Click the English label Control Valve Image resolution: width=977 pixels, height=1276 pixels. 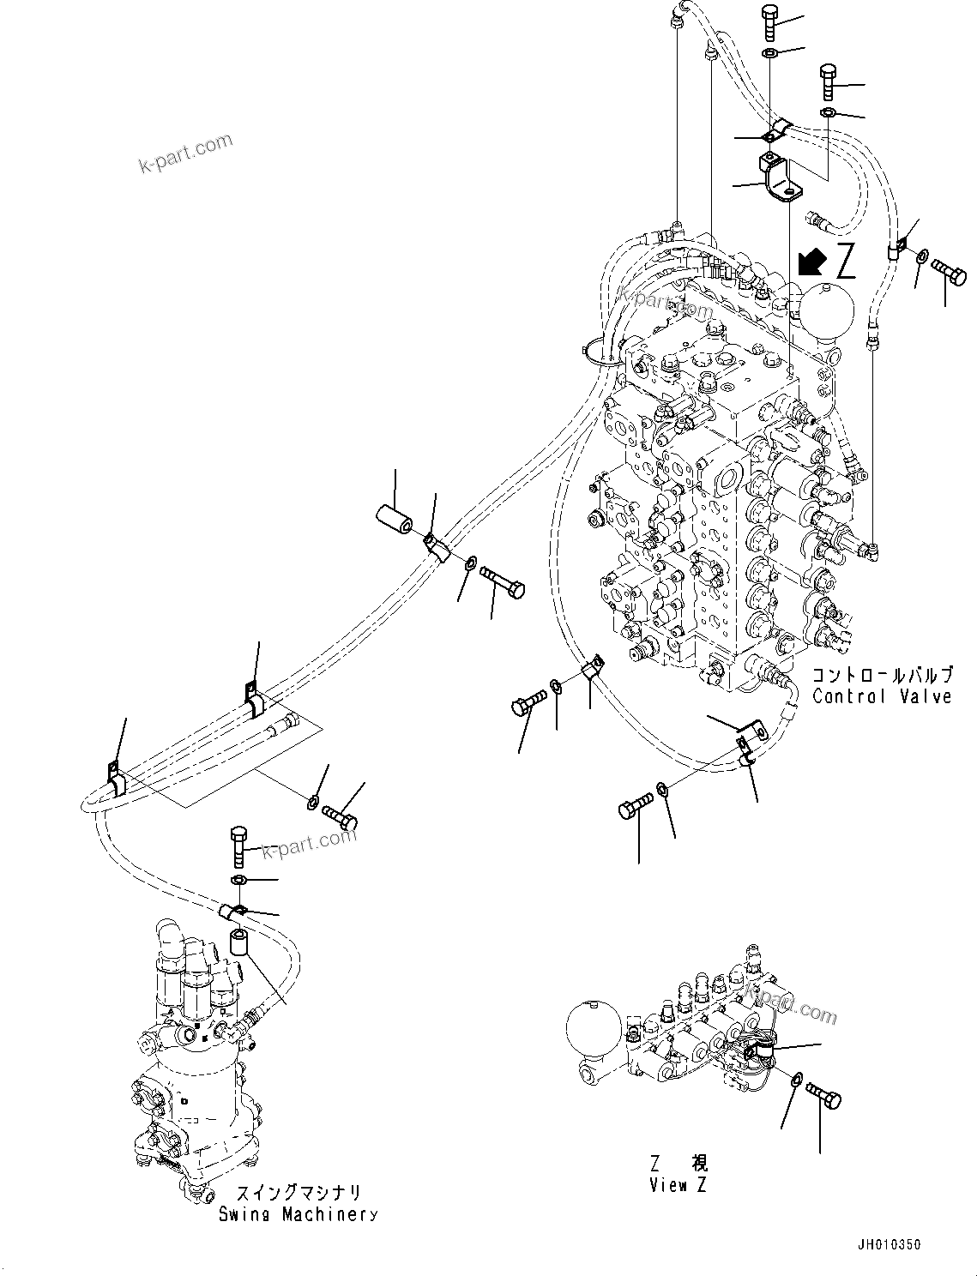coord(882,696)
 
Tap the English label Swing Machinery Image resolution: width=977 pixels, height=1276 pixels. coord(297,1214)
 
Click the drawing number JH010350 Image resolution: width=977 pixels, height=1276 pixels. coord(886,1244)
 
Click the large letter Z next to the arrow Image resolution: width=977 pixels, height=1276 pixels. coord(845,262)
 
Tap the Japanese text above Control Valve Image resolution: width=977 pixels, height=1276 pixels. coord(882,676)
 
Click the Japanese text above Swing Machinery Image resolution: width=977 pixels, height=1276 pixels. coord(297,1194)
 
